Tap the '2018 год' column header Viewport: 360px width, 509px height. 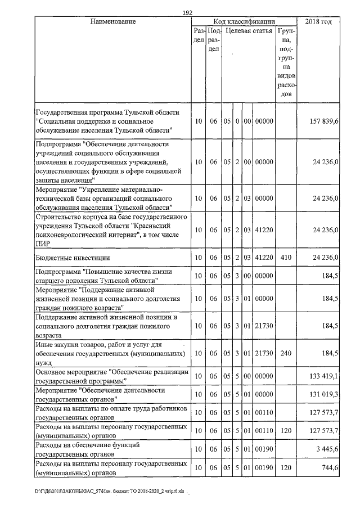pos(318,21)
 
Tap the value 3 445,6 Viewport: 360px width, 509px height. pos(326,449)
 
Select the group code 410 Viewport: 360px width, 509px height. pos(286,258)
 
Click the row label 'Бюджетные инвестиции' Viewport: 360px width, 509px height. pos(69,258)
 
